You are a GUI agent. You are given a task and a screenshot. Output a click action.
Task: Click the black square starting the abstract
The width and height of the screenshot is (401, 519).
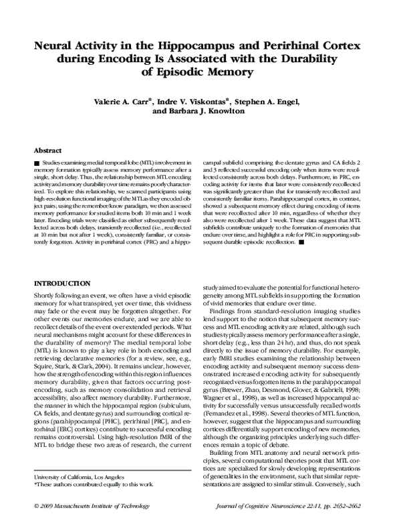tap(36, 163)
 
